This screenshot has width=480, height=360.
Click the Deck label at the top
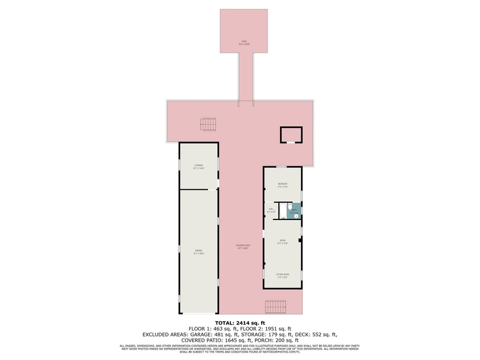click(x=244, y=42)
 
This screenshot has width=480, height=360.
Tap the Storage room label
click(x=198, y=166)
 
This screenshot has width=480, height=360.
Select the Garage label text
click(x=198, y=251)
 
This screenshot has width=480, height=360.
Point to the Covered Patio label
click(x=243, y=247)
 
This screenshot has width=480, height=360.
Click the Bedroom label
click(x=282, y=184)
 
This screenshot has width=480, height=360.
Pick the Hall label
click(x=271, y=210)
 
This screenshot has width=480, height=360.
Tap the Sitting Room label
click(x=282, y=275)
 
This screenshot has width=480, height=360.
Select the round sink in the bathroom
click(x=296, y=216)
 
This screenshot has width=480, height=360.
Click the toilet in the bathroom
click(x=290, y=206)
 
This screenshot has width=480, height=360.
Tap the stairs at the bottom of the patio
click(x=275, y=306)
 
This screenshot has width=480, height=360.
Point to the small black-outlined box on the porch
click(x=291, y=135)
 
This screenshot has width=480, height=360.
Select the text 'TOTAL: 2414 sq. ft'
click(x=239, y=322)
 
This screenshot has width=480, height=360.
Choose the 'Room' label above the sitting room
click(x=282, y=241)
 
